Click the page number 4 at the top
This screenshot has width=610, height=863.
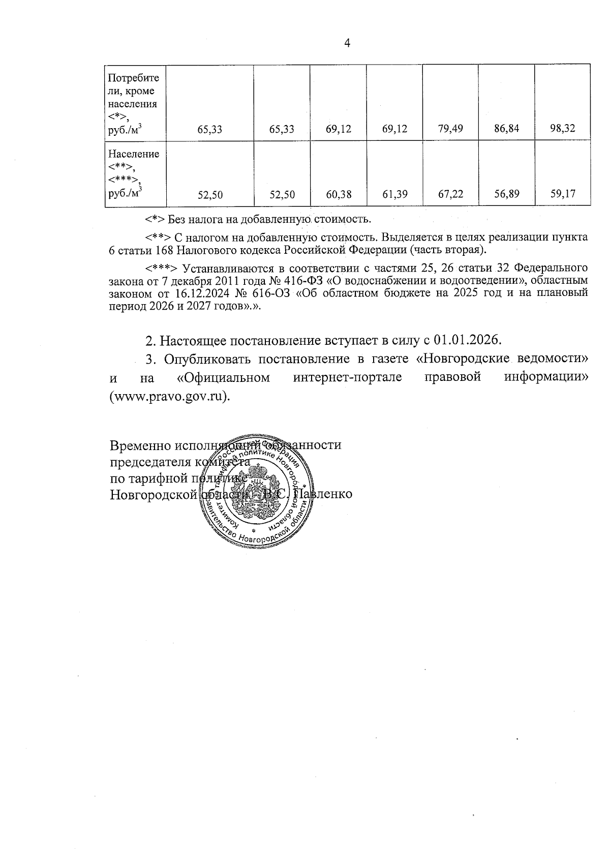(347, 43)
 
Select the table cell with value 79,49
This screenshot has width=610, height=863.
(450, 129)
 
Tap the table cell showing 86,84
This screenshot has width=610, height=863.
(506, 129)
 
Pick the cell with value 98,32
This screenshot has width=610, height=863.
(563, 129)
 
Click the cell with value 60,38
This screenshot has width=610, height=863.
(338, 194)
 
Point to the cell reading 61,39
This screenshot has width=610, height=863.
(394, 194)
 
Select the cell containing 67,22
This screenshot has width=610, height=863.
(450, 194)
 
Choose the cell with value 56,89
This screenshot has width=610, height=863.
(506, 194)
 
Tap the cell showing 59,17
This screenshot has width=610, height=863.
(563, 194)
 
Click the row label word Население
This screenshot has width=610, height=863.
(134, 154)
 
